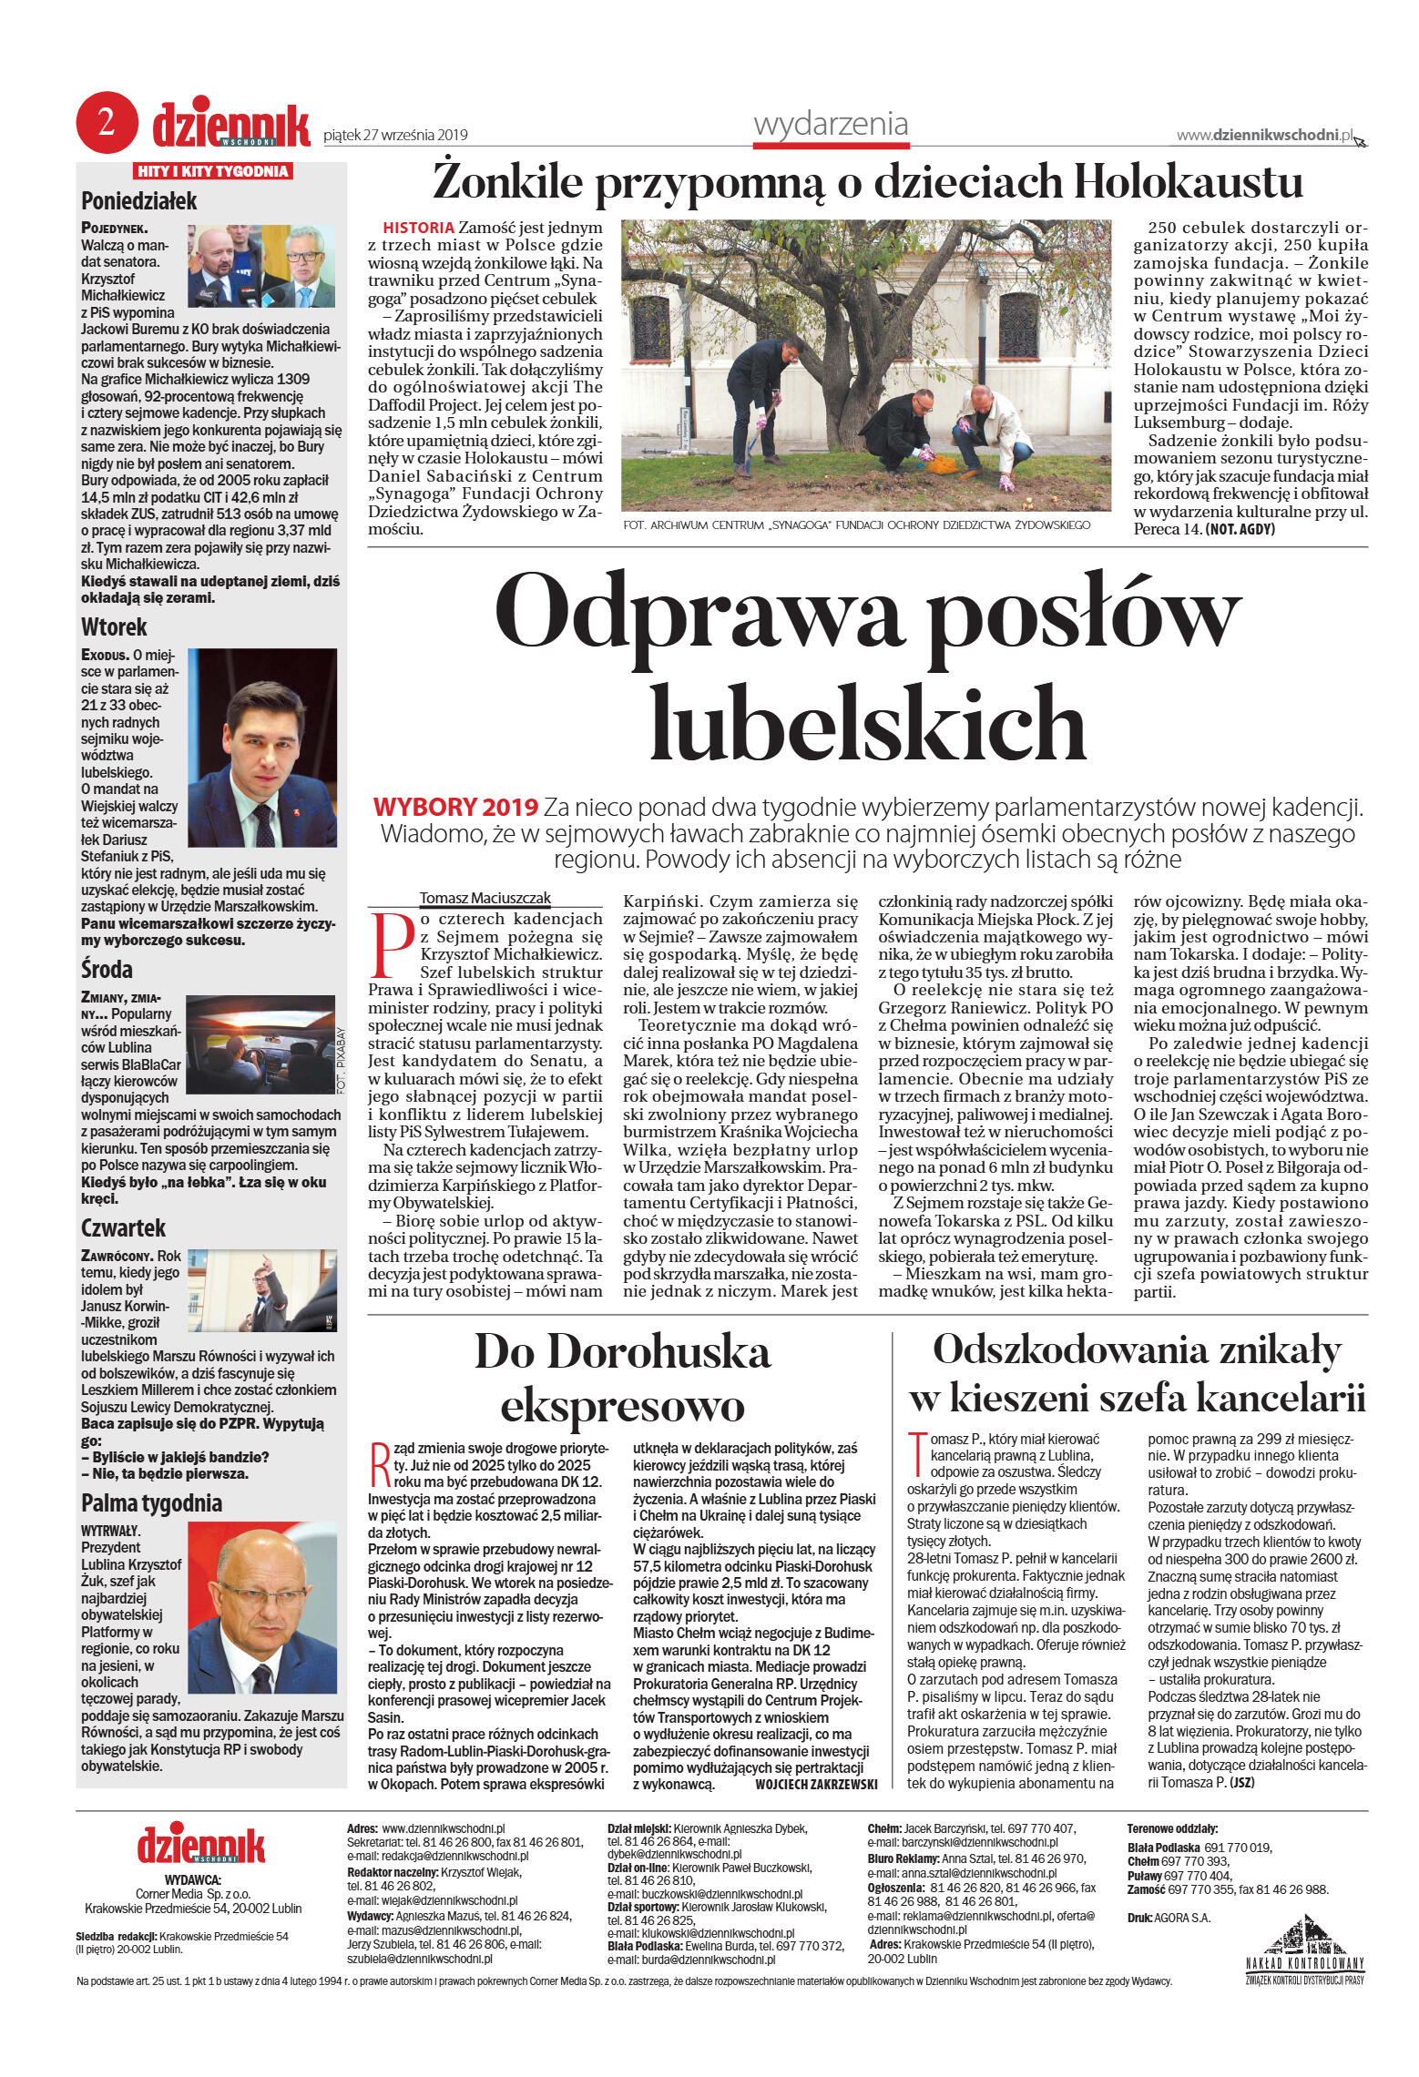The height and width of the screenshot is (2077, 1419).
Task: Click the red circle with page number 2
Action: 107,123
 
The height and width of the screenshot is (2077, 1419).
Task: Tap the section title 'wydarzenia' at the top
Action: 831,124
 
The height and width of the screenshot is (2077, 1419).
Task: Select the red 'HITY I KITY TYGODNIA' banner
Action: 213,171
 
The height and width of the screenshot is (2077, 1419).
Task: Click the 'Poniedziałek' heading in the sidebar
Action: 138,201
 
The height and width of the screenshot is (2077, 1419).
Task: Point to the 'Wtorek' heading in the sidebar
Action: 114,626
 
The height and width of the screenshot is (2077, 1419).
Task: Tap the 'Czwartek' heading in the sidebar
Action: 123,1227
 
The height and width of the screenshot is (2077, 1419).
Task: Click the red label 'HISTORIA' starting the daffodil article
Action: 418,228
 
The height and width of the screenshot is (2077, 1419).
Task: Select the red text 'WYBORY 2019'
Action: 455,807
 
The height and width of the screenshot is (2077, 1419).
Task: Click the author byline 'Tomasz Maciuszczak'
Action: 485,898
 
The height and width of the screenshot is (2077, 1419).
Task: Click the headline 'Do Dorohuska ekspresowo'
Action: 622,1378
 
